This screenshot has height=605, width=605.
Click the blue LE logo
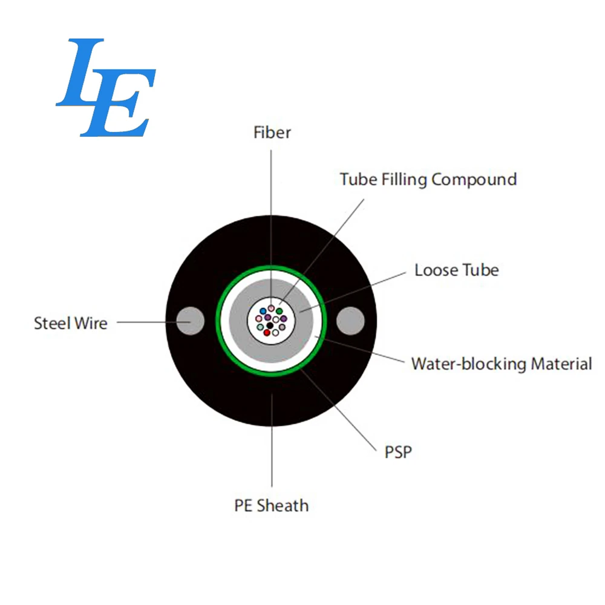(x=106, y=88)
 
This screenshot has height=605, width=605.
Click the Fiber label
(x=272, y=132)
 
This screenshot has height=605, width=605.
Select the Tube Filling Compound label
(x=428, y=180)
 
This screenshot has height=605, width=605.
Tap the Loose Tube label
(x=456, y=270)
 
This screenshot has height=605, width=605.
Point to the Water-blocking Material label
(x=502, y=364)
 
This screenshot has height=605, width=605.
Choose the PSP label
(x=398, y=452)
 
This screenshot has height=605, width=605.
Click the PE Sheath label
(x=272, y=505)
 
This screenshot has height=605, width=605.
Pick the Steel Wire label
(x=71, y=323)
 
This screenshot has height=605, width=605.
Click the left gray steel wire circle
(x=190, y=321)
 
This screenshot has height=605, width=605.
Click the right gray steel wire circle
(x=350, y=321)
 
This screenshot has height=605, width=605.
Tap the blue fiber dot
(x=263, y=311)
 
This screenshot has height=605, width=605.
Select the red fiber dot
(x=267, y=333)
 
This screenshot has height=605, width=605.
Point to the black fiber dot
(x=270, y=326)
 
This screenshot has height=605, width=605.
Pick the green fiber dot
(x=280, y=311)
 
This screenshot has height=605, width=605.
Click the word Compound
(x=474, y=180)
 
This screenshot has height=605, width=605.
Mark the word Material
(x=561, y=364)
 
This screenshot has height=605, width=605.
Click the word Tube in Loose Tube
(x=480, y=270)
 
